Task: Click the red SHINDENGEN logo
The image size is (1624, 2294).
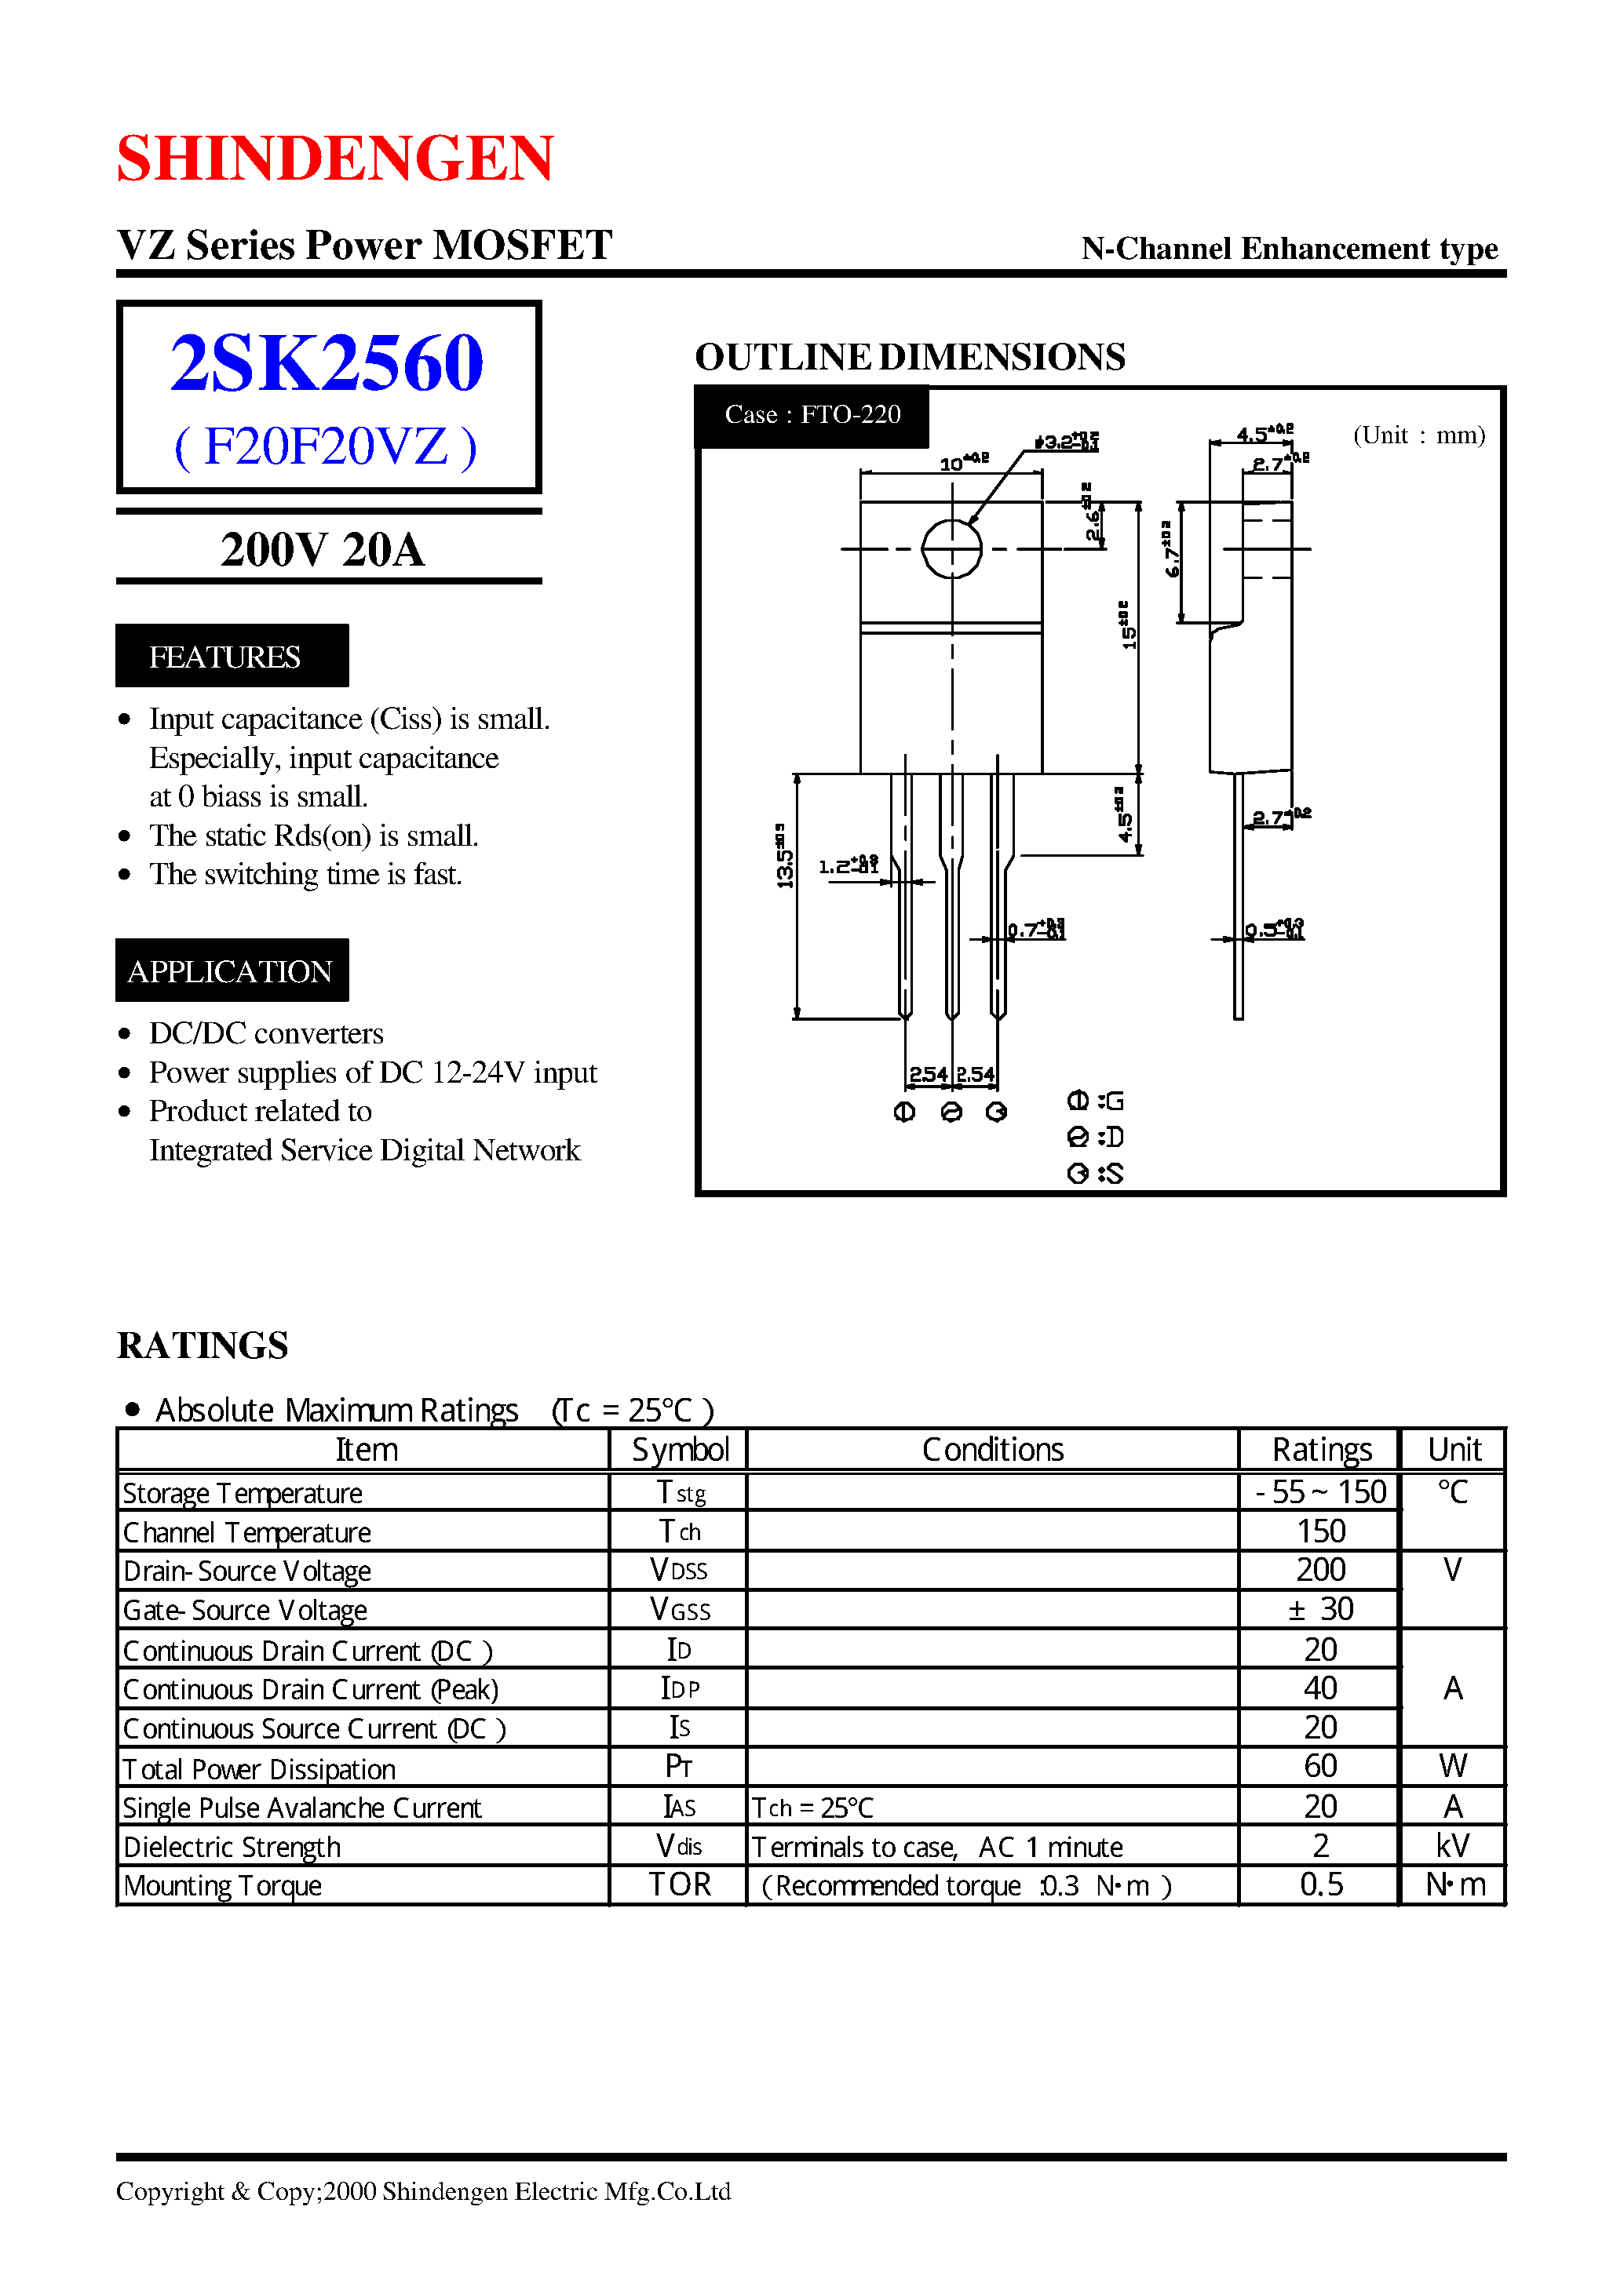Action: [335, 158]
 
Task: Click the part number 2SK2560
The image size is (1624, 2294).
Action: [327, 362]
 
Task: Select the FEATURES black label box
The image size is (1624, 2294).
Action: [231, 656]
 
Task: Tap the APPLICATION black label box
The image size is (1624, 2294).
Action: [231, 970]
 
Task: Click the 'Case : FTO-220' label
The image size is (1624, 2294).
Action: [812, 415]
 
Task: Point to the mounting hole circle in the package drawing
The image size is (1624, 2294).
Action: [951, 548]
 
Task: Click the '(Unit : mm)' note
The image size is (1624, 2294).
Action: [1418, 435]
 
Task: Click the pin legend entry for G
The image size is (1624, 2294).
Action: [1096, 1101]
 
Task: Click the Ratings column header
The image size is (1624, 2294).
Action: [1321, 1449]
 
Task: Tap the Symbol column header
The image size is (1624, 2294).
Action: [680, 1449]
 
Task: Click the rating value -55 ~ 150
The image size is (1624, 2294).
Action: [1321, 1491]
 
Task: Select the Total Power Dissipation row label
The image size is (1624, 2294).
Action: [259, 1768]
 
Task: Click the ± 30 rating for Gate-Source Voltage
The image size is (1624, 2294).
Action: [1321, 1608]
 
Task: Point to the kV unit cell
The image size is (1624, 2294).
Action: [1452, 1845]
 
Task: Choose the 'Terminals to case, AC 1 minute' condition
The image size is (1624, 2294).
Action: [937, 1846]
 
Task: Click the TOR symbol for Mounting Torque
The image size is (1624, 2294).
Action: [680, 1884]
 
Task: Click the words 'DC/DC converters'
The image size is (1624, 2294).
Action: [266, 1032]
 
